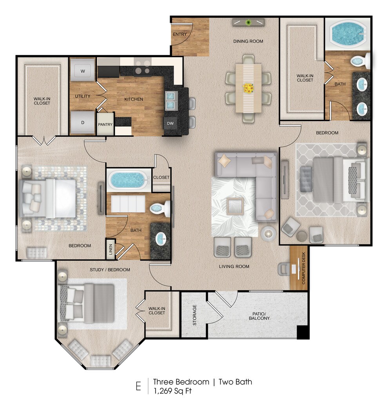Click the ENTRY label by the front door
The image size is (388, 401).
click(x=179, y=34)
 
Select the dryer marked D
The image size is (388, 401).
click(x=83, y=123)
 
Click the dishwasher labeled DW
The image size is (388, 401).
click(x=170, y=123)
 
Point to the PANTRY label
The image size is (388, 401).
click(x=105, y=125)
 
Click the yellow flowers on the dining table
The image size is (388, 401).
click(x=248, y=88)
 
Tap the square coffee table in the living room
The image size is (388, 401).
click(x=235, y=206)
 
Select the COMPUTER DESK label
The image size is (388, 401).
click(x=303, y=268)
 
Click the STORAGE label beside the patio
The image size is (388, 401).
click(x=194, y=315)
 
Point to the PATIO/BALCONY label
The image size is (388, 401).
click(x=259, y=316)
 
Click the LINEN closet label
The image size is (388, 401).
click(x=111, y=249)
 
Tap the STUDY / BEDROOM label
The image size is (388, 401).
click(x=110, y=269)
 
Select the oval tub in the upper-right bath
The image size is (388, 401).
click(x=347, y=34)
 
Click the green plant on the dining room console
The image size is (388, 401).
click(x=248, y=22)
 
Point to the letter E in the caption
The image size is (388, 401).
click(x=138, y=386)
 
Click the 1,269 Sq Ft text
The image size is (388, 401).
click(x=172, y=391)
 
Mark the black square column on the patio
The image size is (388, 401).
click(x=303, y=332)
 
